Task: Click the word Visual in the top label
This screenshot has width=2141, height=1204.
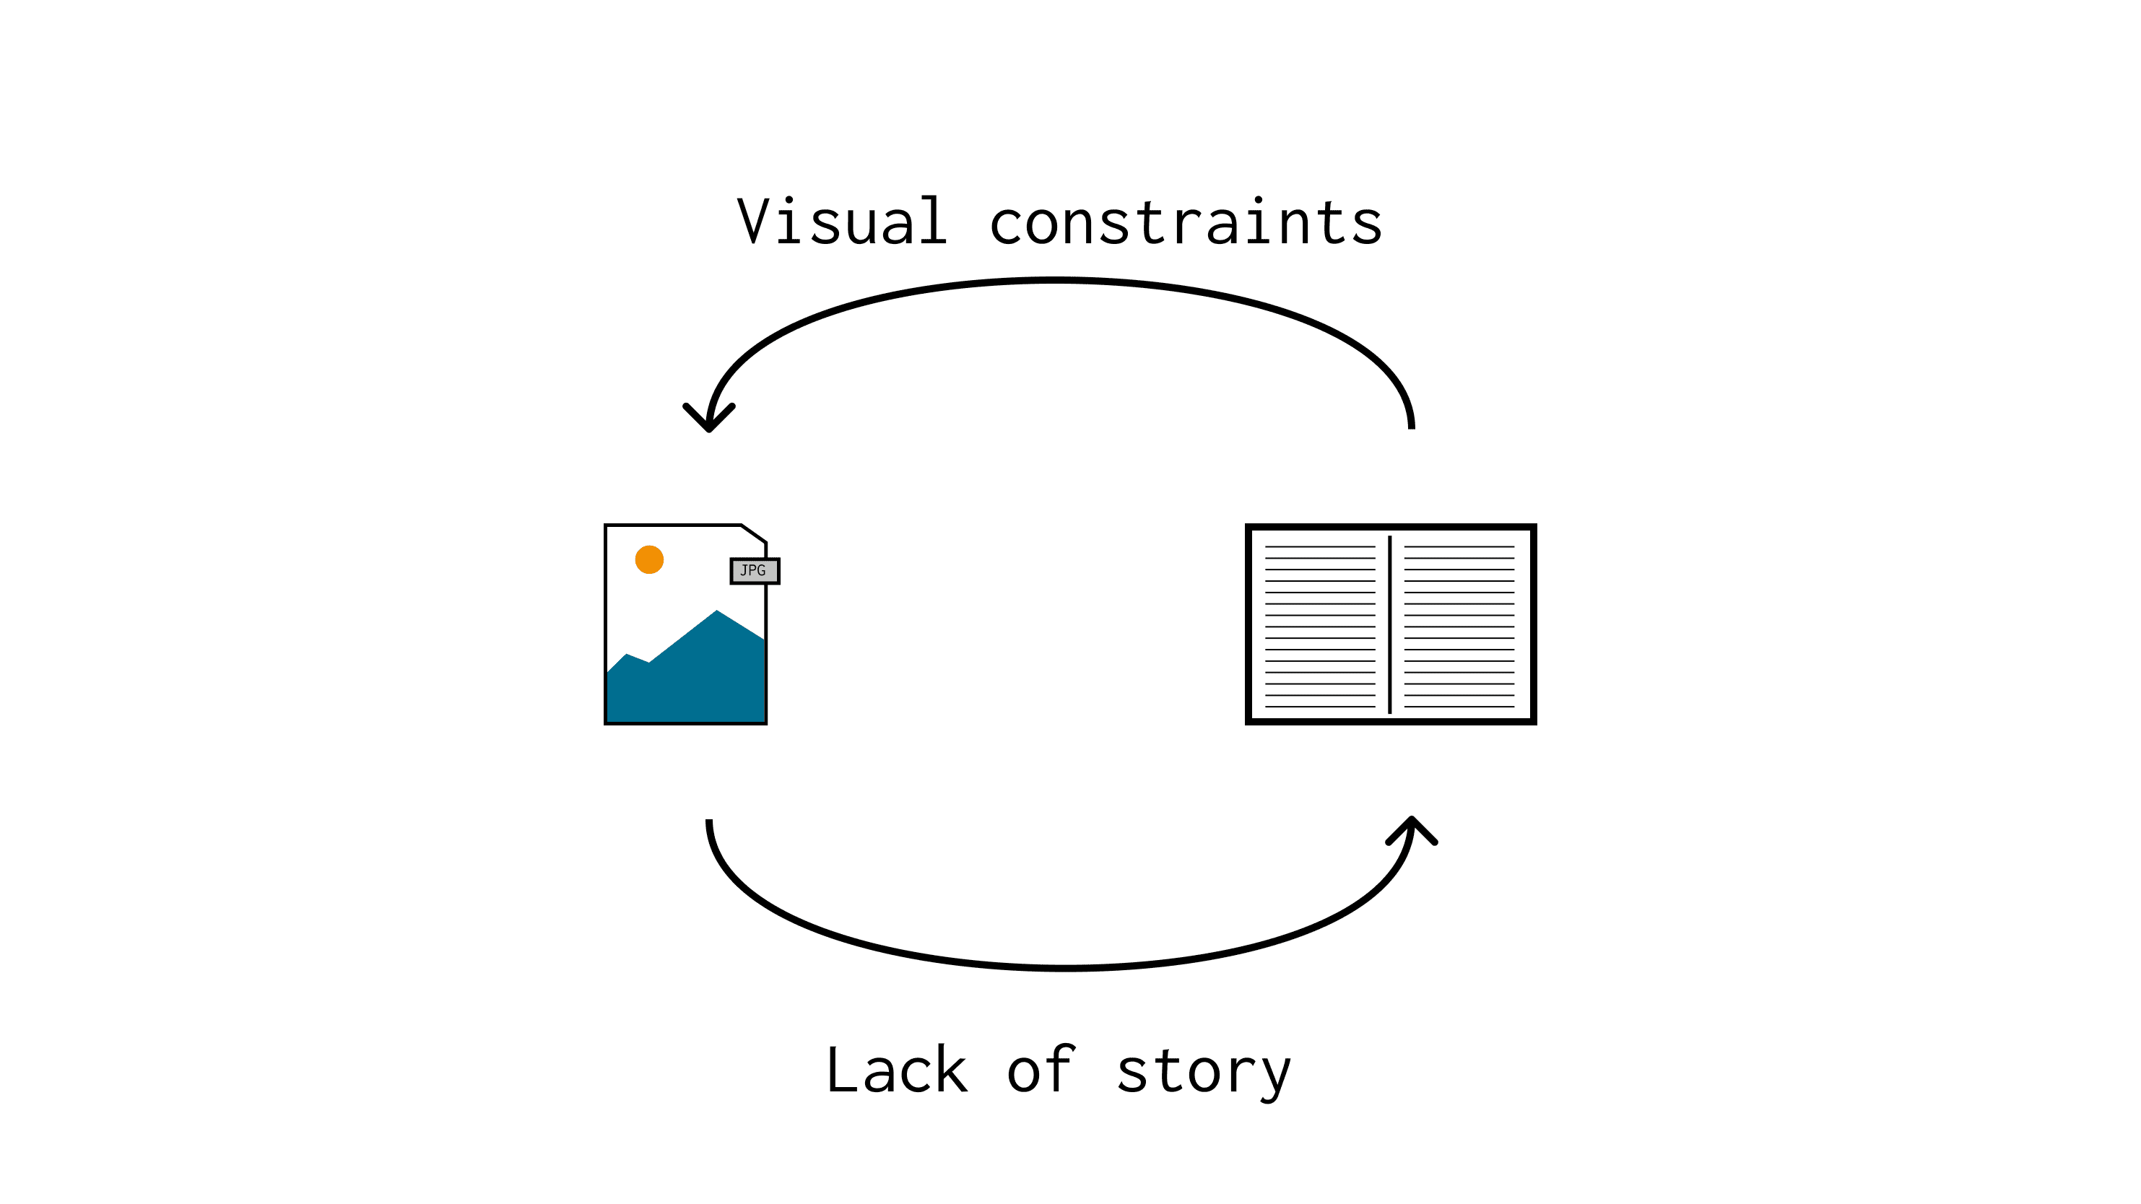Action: pyautogui.click(x=842, y=221)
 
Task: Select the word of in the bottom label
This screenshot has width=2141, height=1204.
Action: pyautogui.click(x=1042, y=1070)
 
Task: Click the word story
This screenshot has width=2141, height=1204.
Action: pyautogui.click(x=1204, y=1073)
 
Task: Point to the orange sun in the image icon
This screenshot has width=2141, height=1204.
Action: pyautogui.click(x=649, y=560)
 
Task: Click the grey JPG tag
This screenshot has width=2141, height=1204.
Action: pyautogui.click(x=755, y=571)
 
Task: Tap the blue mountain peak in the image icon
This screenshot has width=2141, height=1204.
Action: pyautogui.click(x=716, y=612)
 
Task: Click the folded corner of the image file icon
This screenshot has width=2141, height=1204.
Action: pyautogui.click(x=754, y=533)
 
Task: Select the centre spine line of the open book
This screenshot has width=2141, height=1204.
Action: pyautogui.click(x=1389, y=625)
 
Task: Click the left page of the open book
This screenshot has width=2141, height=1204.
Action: pyautogui.click(x=1320, y=626)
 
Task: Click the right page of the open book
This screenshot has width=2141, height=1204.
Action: pyautogui.click(x=1459, y=626)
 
